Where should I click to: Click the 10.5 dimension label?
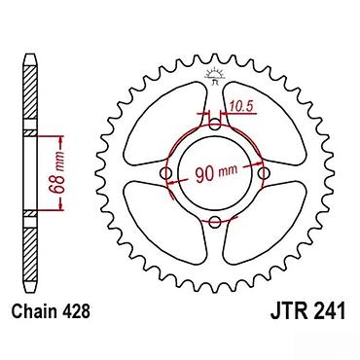(x=241, y=106)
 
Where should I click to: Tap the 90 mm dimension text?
(x=216, y=173)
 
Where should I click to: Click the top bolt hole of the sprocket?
(x=214, y=124)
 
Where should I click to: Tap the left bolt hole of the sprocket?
(x=166, y=173)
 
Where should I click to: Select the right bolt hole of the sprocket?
(x=265, y=173)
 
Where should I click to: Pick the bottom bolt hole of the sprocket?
(x=214, y=222)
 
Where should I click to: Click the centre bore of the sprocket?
(x=215, y=173)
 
